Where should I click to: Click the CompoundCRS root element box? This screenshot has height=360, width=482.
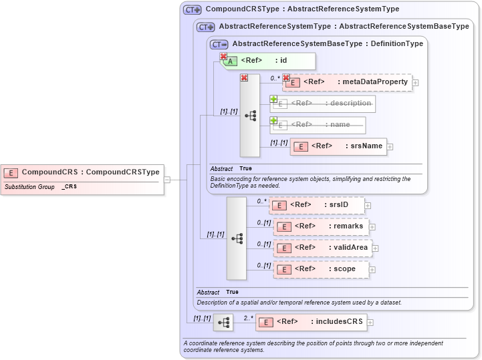(82, 172)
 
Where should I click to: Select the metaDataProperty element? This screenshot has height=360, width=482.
(347, 82)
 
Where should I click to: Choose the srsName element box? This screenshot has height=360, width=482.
(338, 146)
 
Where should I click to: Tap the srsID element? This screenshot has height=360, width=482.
(317, 205)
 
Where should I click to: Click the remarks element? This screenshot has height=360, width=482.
(321, 226)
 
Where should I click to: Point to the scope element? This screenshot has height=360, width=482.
(321, 269)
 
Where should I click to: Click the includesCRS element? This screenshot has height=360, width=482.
(312, 322)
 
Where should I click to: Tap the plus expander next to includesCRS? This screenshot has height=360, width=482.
(370, 323)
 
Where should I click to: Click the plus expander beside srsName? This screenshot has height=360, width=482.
(390, 147)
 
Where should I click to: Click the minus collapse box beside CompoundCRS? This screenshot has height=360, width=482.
(167, 179)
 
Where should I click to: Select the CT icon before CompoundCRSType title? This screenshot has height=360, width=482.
(193, 10)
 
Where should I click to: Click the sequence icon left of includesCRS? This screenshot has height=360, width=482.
(223, 323)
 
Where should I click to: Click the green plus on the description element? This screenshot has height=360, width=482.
(273, 99)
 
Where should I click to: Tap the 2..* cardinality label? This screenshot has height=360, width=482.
(249, 318)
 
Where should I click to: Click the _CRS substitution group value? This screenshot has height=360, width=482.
(70, 187)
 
